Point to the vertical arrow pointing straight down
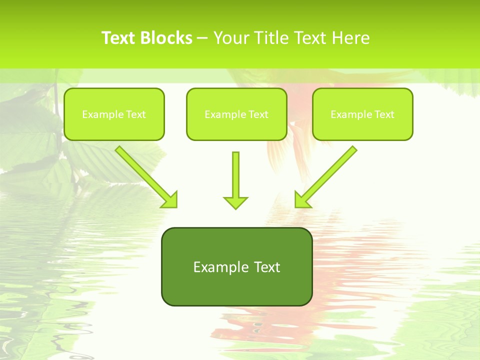(x=235, y=177)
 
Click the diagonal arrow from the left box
(x=142, y=173)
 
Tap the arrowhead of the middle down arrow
(x=235, y=202)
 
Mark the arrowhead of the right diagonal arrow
(x=301, y=200)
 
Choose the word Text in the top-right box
(x=384, y=114)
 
